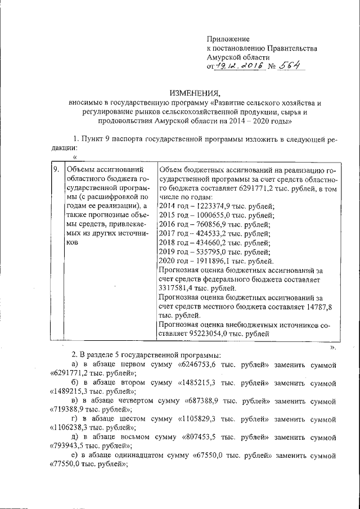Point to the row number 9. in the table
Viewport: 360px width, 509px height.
[56, 169]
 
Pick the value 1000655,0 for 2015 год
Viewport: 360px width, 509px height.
[217, 217]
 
